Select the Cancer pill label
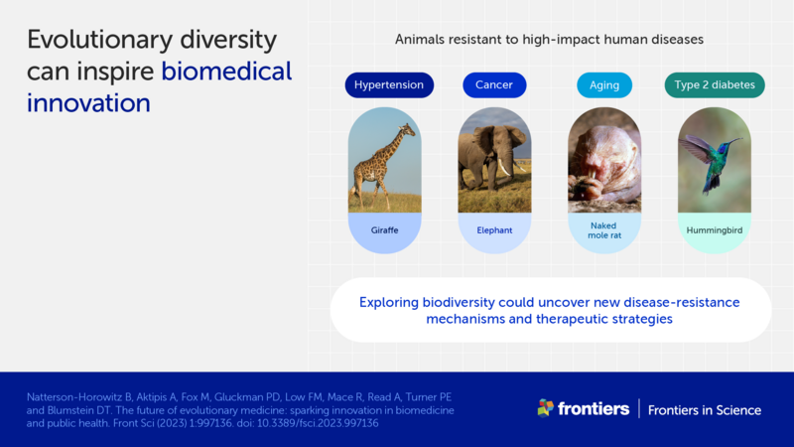coord(493,85)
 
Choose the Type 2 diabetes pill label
coord(714,85)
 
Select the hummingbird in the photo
coord(712,159)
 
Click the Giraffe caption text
coord(384,230)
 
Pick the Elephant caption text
coord(493,230)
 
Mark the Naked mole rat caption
coord(603,231)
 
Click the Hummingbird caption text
coord(714,230)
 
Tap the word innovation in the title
coord(88,103)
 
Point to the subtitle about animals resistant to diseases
coord(549,40)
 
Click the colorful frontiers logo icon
coord(545,407)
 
